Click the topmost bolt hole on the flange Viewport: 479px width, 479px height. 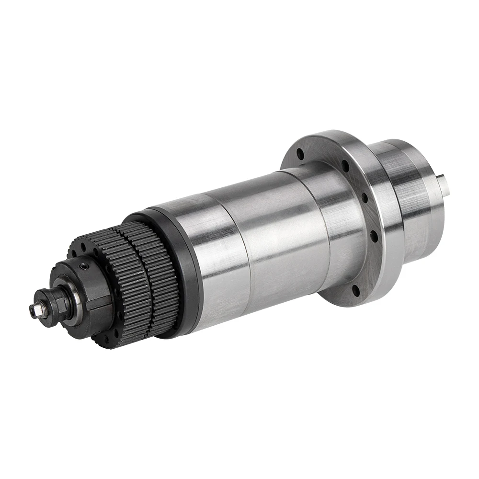coord(300,155)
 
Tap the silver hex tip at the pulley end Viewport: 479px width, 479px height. coord(33,310)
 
